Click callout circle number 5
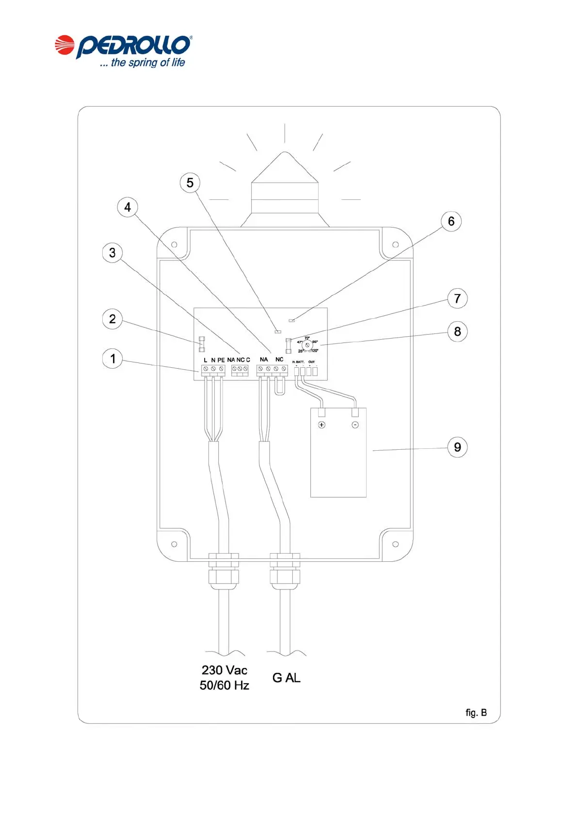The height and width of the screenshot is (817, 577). [x=190, y=183]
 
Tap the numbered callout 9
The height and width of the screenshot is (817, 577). [x=457, y=447]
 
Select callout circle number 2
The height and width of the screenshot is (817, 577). [x=112, y=319]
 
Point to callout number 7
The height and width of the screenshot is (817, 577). [x=457, y=298]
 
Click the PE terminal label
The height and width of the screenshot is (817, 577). [x=221, y=360]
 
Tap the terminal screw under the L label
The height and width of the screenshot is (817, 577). [x=206, y=369]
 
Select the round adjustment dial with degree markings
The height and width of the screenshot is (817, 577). [x=307, y=344]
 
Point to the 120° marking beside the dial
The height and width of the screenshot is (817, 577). [x=314, y=350]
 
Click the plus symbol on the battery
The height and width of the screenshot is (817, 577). [x=321, y=425]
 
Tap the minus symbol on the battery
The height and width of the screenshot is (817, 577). [x=355, y=425]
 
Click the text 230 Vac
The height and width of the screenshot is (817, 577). [x=224, y=670]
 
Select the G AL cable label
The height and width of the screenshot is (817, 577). [x=286, y=678]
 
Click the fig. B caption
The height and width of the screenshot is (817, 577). [x=476, y=713]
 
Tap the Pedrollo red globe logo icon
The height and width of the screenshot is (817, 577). [x=64, y=45]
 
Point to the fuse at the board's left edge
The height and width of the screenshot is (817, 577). [x=202, y=344]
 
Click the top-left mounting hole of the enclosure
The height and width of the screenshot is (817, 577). [x=174, y=245]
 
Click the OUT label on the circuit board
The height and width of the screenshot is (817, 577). [x=311, y=362]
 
